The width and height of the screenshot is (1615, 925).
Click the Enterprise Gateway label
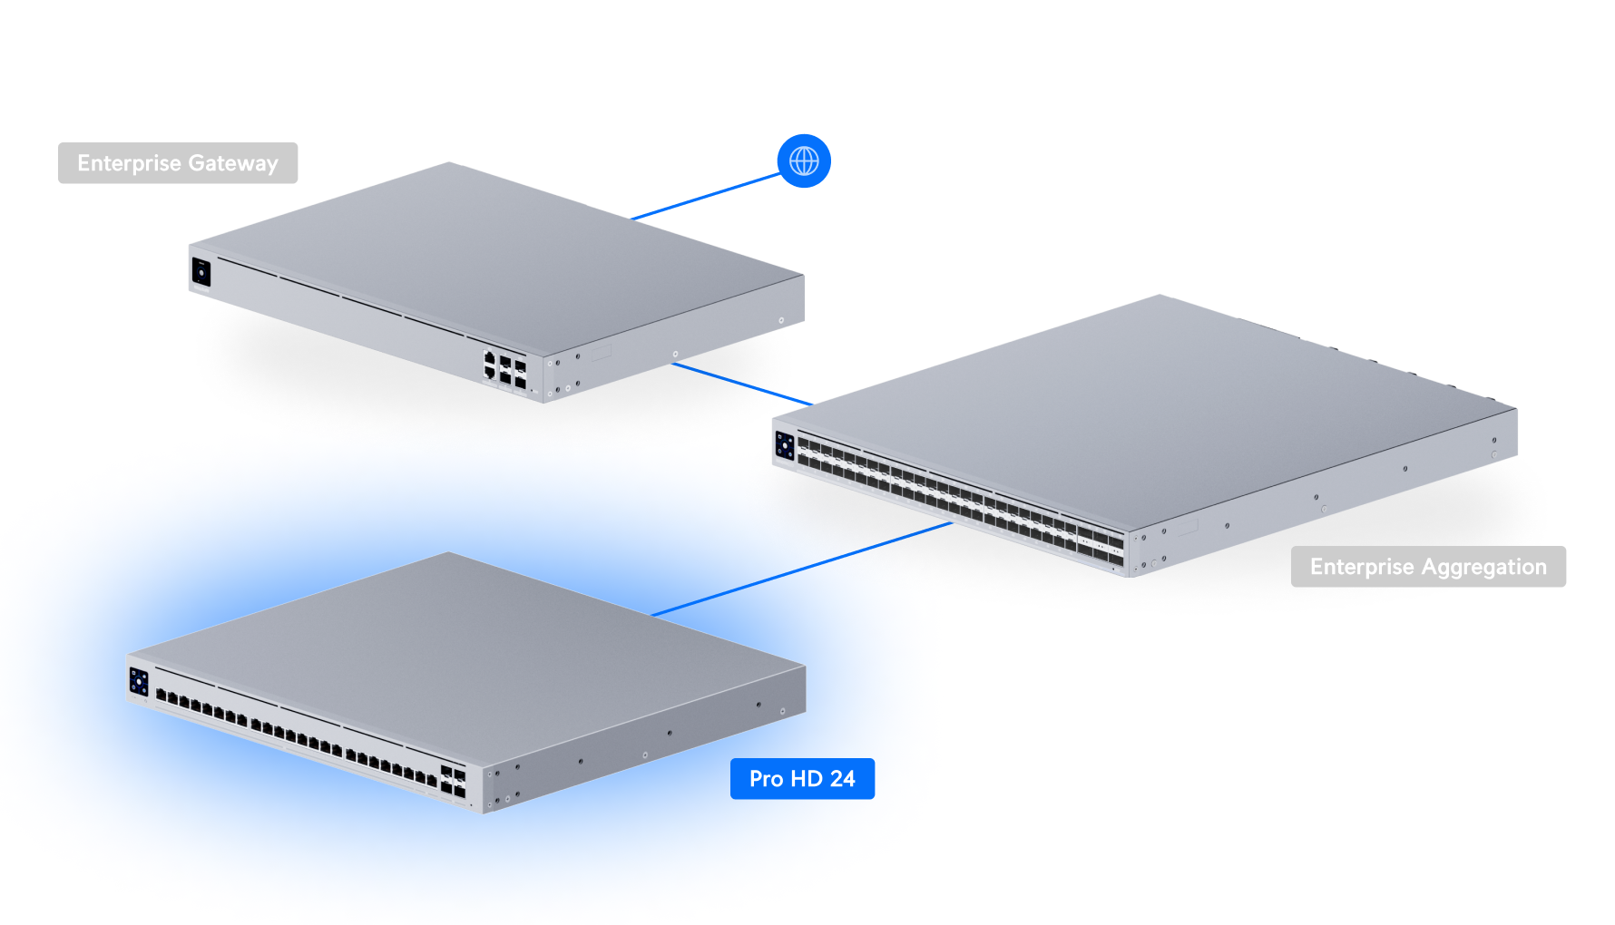(178, 163)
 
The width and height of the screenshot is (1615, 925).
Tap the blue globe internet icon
(804, 161)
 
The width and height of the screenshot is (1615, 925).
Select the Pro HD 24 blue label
(802, 779)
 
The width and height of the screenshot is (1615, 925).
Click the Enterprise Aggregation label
(1427, 567)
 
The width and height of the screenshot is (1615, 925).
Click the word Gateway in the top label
(233, 164)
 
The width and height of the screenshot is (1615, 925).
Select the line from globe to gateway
(706, 197)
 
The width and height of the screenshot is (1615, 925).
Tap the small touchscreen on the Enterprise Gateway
(201, 272)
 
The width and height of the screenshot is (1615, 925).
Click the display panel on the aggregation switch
(785, 446)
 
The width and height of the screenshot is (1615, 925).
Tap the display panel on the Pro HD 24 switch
(139, 682)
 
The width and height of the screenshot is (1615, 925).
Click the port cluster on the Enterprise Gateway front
(504, 368)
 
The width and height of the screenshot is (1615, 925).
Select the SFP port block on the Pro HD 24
(453, 782)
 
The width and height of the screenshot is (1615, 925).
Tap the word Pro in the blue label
(766, 779)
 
